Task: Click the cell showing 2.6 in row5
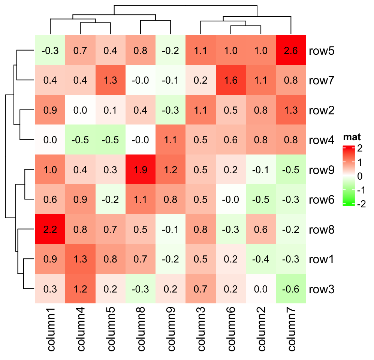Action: pyautogui.click(x=290, y=51)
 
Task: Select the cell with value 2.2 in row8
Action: pyautogui.click(x=50, y=229)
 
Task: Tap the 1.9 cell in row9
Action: pyautogui.click(x=140, y=169)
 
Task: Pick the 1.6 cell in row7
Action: pyautogui.click(x=230, y=81)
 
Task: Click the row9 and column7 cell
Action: pyautogui.click(x=290, y=169)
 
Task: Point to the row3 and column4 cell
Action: pyautogui.click(x=80, y=289)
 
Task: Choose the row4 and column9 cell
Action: pyautogui.click(x=170, y=140)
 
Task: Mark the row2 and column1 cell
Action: pyautogui.click(x=50, y=110)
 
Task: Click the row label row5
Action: pyautogui.click(x=322, y=51)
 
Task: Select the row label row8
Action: pyautogui.click(x=322, y=229)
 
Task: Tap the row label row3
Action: pyautogui.click(x=322, y=289)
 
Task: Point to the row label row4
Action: pyautogui.click(x=322, y=140)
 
